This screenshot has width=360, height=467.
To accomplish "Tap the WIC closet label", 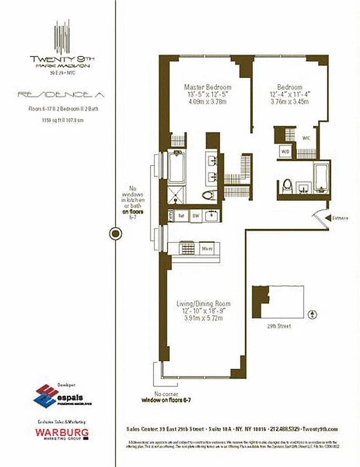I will click(x=306, y=138).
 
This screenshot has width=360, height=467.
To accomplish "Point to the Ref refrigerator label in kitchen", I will click(x=181, y=215).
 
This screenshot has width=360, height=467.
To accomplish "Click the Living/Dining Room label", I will click(x=203, y=304).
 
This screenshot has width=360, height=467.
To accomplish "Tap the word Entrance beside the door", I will click(x=340, y=218).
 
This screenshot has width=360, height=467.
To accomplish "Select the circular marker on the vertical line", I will click(x=116, y=234).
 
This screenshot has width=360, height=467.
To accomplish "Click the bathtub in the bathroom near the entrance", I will click(x=321, y=178).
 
